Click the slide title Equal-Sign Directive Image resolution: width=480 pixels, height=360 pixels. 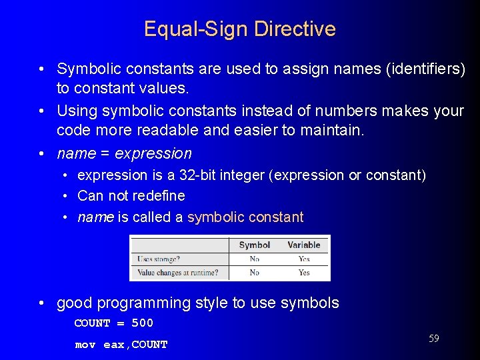tap(239, 29)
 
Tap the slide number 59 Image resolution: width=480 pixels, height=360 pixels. tap(433, 339)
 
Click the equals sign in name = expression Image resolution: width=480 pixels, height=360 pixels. tap(105, 153)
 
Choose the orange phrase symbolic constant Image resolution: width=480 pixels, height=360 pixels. tap(245, 217)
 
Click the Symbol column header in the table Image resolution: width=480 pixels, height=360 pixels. tap(254, 245)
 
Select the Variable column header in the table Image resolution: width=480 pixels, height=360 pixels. tap(304, 245)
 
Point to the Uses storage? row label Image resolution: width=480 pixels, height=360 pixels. tap(159, 259)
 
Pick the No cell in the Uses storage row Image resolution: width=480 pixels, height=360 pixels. tap(254, 259)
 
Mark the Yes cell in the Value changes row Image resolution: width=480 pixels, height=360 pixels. tap(304, 272)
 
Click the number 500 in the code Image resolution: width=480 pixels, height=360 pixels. tap(142, 323)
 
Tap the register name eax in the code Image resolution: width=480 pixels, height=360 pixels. tap(113, 345)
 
